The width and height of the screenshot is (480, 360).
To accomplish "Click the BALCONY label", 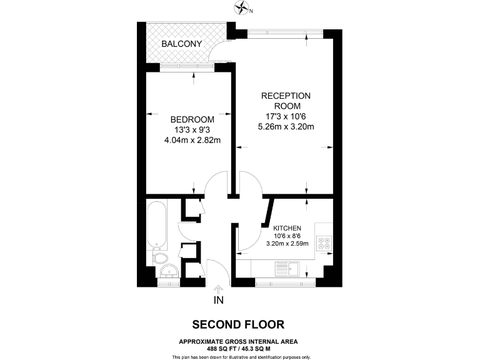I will coord(181,44).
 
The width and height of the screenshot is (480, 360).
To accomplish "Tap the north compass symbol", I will coord(242,8).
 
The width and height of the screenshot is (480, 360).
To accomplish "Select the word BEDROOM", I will coord(192,119).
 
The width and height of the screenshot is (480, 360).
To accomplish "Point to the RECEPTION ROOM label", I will coord(285,101).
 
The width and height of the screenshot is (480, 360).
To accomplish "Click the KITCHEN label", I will coord(287,228).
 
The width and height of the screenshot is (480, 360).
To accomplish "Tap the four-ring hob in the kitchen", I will coord(324,242).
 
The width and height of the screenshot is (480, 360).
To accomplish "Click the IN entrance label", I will coord(219,300).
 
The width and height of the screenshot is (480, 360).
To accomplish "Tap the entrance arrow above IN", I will coord(219,289).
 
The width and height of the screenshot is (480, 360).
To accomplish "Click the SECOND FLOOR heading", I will coord(238,324).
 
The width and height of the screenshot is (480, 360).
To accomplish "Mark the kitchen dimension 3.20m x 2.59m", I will coord(287,244).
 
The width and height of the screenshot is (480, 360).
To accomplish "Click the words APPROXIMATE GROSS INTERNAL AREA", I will coord(238,341).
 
